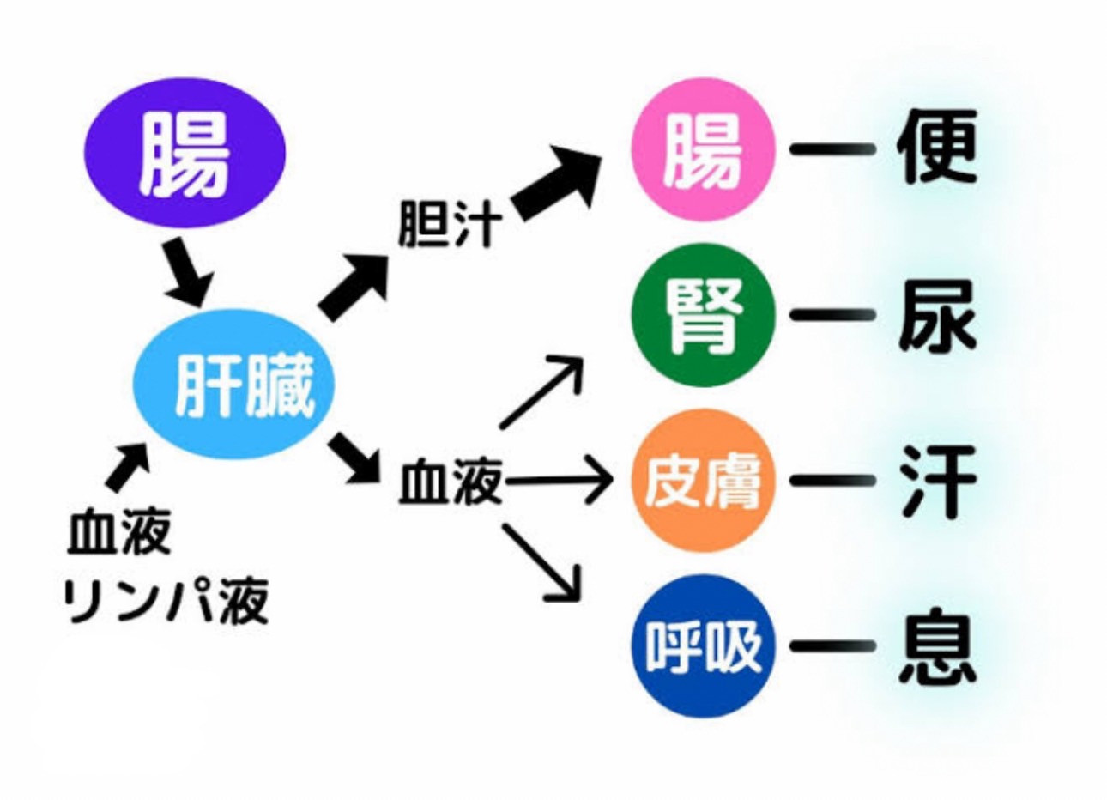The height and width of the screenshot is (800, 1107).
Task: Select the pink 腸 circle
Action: click(x=703, y=150)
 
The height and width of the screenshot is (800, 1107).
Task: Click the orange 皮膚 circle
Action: click(x=703, y=480)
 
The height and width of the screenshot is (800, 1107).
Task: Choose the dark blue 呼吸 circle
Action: click(x=703, y=645)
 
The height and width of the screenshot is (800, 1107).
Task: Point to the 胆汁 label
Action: click(x=448, y=225)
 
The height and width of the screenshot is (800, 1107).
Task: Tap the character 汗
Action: click(x=939, y=480)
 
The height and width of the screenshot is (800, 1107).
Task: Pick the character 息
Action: click(x=939, y=645)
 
